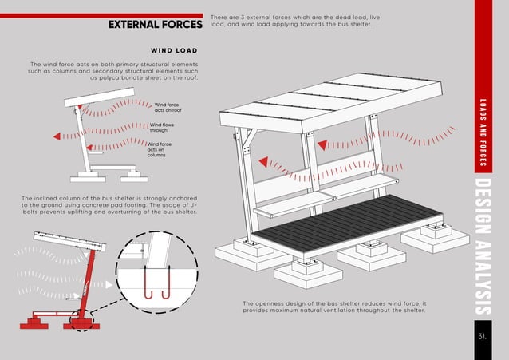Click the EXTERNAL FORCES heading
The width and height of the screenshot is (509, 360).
pyautogui.click(x=156, y=26)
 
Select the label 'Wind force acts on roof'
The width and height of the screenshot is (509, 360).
pyautogui.click(x=168, y=108)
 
